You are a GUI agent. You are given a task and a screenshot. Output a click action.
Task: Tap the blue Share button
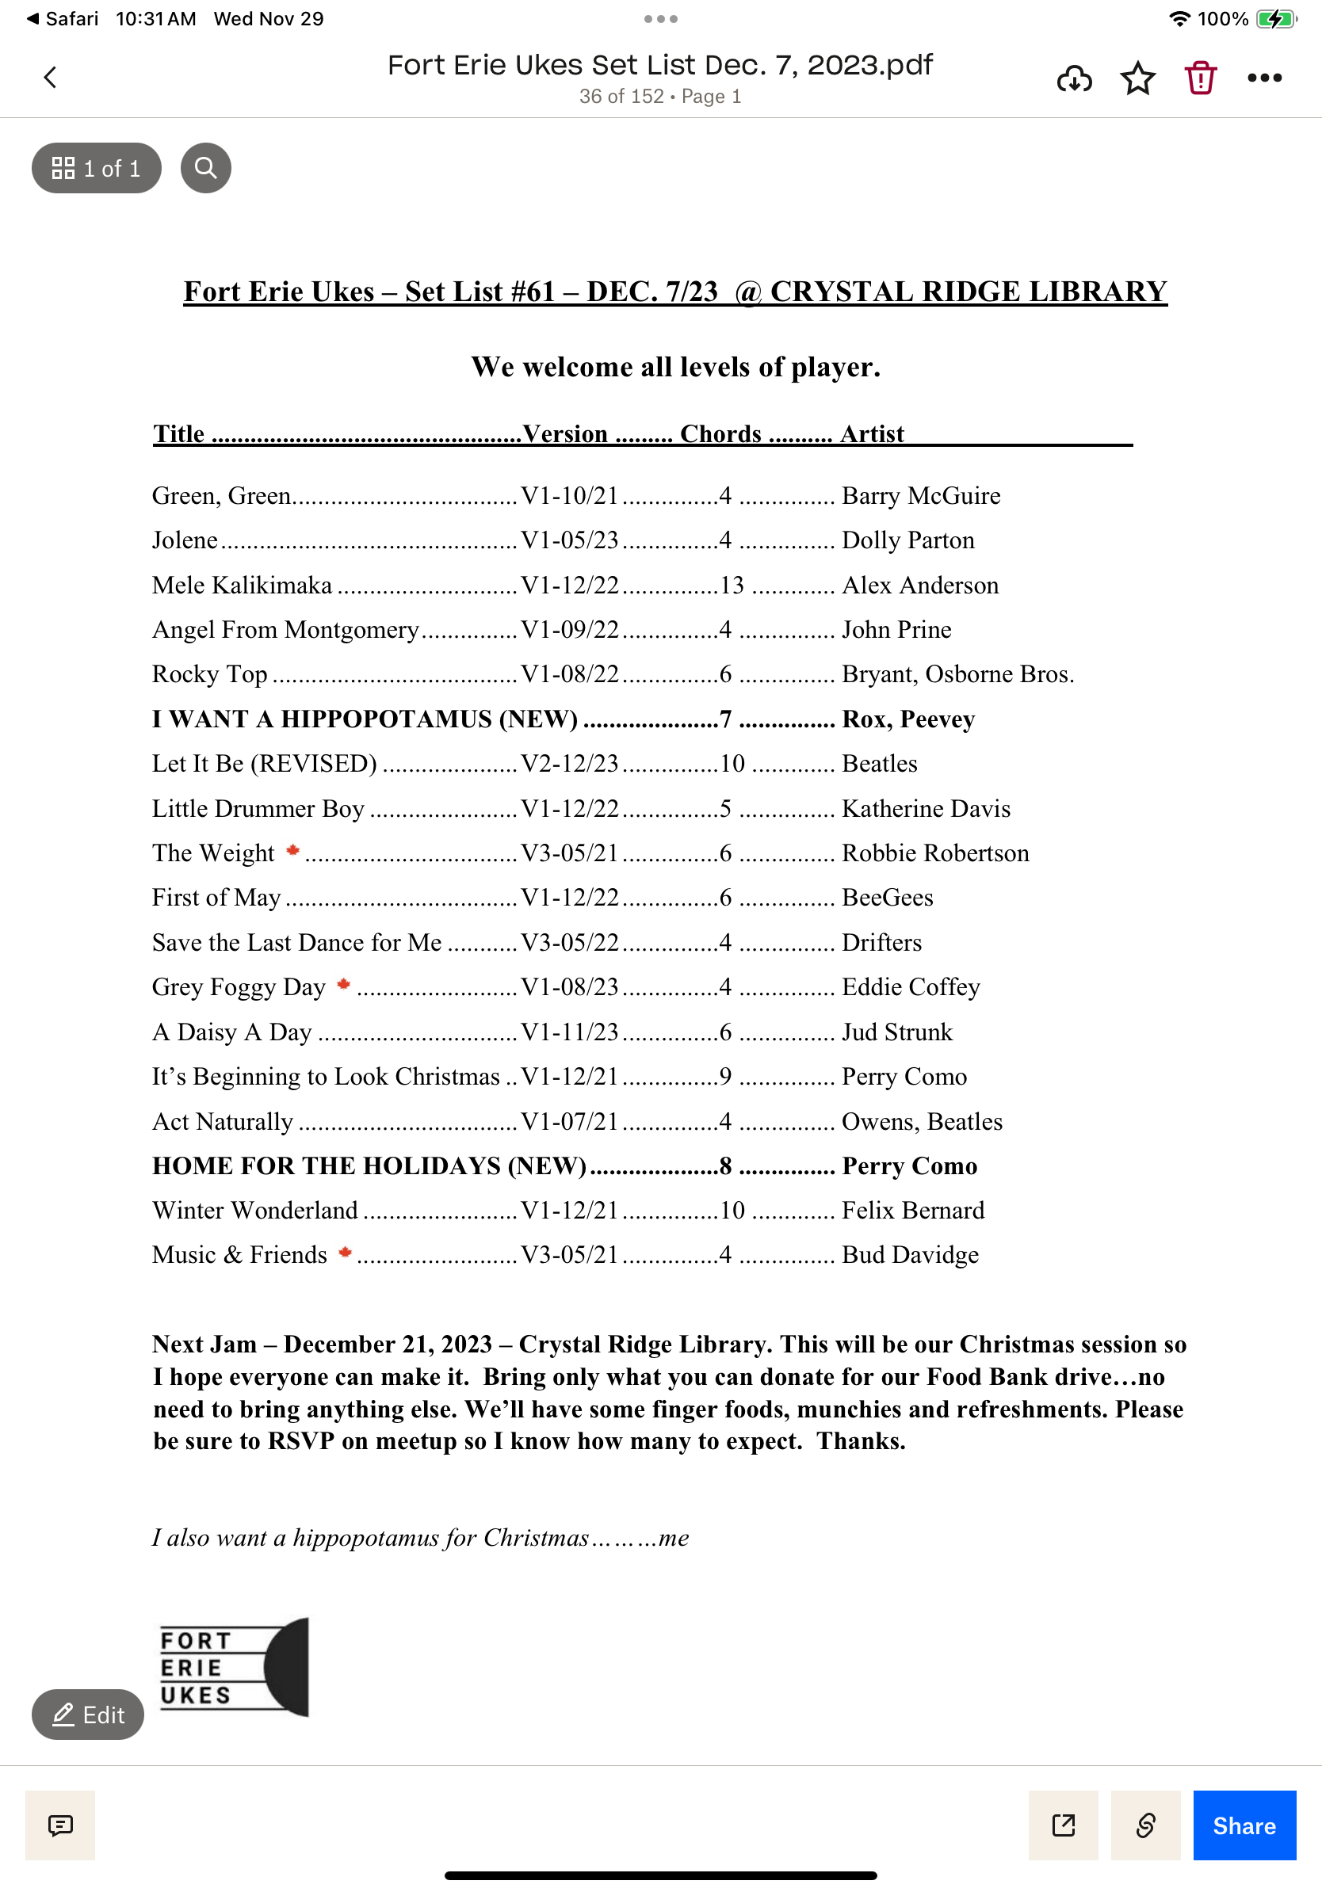pos(1244,1825)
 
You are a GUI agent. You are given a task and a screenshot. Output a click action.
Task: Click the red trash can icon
pos(1200,78)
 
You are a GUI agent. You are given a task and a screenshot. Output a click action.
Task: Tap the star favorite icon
pos(1137,78)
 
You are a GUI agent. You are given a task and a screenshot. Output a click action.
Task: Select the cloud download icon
pos(1074,78)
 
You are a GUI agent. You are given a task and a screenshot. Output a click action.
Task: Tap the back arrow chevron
pos(50,78)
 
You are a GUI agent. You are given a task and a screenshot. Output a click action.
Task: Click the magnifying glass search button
pos(205,168)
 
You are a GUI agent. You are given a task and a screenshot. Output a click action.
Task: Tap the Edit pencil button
pos(88,1715)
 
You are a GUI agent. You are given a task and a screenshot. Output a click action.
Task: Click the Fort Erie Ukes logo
pos(233,1667)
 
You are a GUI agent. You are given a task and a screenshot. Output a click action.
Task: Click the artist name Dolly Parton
pos(907,540)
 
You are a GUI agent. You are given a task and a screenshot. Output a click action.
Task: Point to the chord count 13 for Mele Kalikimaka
pos(732,585)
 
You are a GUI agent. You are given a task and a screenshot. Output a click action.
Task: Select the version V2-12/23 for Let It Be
pos(570,764)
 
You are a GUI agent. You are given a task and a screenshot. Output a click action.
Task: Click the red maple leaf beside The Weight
pos(292,850)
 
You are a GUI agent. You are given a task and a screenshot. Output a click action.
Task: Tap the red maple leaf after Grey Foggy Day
pos(344,984)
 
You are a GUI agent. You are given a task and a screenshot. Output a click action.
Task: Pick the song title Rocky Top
pos(209,674)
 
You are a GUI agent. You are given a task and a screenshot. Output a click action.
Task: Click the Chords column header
pos(720,434)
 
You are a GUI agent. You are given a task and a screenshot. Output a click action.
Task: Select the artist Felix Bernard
pos(912,1211)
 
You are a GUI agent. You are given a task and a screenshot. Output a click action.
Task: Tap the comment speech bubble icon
pos(60,1825)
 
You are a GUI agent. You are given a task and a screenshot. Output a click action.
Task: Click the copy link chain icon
pos(1144,1825)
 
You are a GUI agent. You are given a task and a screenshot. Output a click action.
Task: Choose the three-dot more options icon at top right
pos(1264,78)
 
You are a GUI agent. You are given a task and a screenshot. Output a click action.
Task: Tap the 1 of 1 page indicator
pos(97,168)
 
